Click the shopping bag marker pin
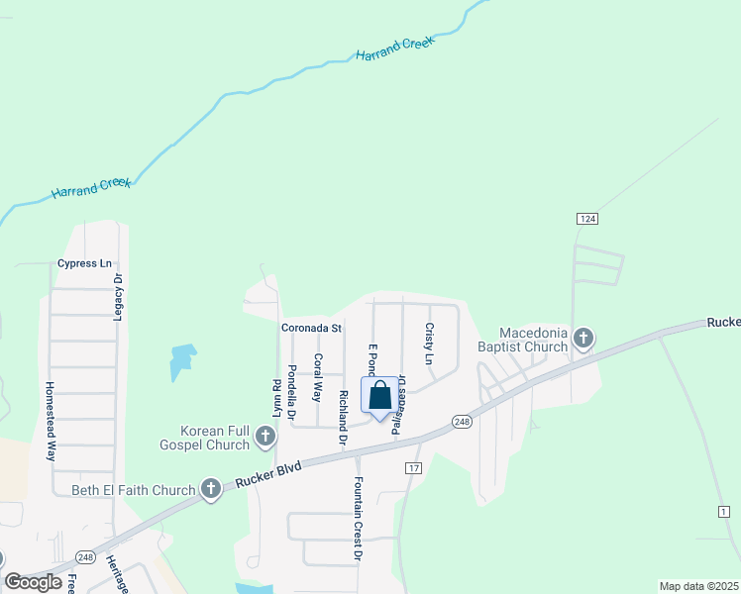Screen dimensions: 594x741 click(380, 397)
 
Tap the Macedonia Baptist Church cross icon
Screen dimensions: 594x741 click(583, 340)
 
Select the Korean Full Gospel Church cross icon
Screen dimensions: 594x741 click(265, 437)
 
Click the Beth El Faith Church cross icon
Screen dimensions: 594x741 click(210, 488)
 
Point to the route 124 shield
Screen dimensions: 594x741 click(584, 218)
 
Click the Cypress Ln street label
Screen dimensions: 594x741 click(84, 263)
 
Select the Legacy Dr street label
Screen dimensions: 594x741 click(118, 297)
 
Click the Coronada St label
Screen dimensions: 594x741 click(311, 328)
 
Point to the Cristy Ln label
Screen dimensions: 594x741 click(430, 343)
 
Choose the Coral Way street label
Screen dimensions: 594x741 click(318, 377)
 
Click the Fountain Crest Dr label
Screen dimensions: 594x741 click(358, 520)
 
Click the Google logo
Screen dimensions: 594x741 click(34, 582)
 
